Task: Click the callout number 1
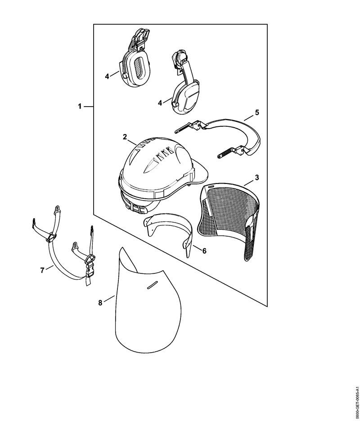pos(80,107)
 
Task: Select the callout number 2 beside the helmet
pos(125,137)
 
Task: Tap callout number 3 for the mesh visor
pos(257,178)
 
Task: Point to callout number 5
pos(257,112)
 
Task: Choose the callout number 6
pos(204,251)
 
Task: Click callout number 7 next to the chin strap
pos(42,270)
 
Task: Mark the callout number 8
pos(100,303)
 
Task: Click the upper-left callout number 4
pos(107,76)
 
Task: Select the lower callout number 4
pos(160,103)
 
